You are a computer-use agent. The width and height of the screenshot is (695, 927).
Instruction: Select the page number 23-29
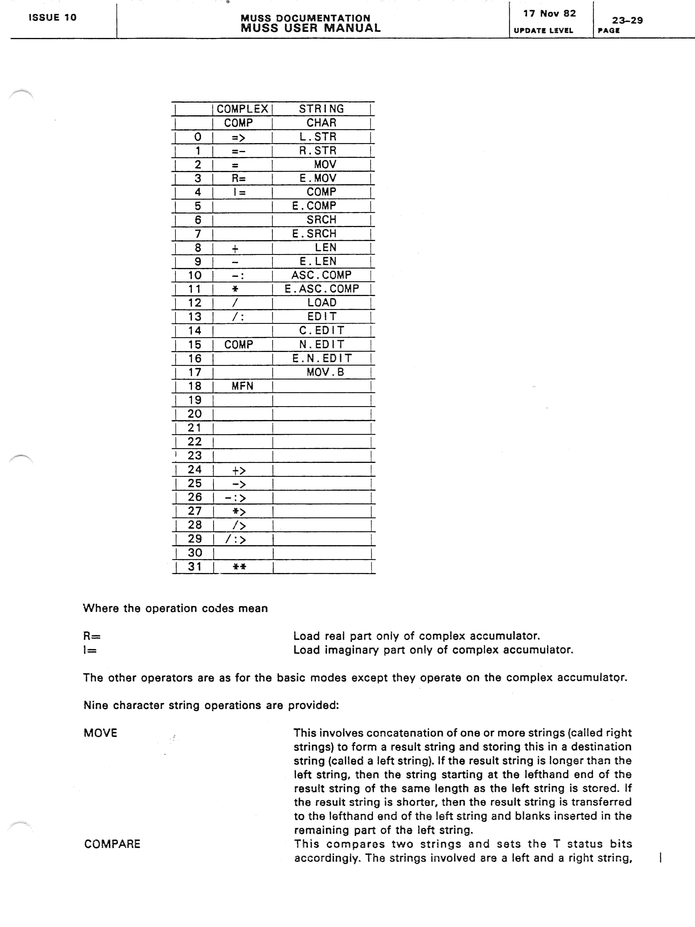pyautogui.click(x=627, y=20)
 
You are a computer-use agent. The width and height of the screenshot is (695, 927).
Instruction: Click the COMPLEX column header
pyautogui.click(x=242, y=109)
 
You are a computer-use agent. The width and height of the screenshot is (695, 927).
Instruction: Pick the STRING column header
pyautogui.click(x=321, y=109)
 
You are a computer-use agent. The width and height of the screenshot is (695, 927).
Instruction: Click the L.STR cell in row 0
pyautogui.click(x=318, y=137)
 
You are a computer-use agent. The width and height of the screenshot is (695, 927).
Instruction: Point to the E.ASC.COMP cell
pyautogui.click(x=322, y=289)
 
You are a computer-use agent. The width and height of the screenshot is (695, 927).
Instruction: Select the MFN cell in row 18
pyautogui.click(x=242, y=386)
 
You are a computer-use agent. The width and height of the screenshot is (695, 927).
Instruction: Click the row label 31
pyautogui.click(x=195, y=567)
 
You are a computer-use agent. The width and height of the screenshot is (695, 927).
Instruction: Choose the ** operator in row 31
pyautogui.click(x=239, y=567)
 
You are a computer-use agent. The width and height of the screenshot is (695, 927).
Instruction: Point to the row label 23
pyautogui.click(x=195, y=456)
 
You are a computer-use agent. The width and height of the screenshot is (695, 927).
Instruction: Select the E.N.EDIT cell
pyautogui.click(x=322, y=358)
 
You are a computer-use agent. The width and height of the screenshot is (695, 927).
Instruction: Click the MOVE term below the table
pyautogui.click(x=100, y=733)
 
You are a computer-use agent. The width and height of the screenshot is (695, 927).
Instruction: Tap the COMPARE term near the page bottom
pyautogui.click(x=112, y=844)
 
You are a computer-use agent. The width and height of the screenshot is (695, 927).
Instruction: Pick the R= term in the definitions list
pyautogui.click(x=92, y=636)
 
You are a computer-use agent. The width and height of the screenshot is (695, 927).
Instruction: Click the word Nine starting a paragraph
pyautogui.click(x=96, y=705)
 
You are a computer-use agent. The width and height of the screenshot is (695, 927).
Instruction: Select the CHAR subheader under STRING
pyautogui.click(x=321, y=123)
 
